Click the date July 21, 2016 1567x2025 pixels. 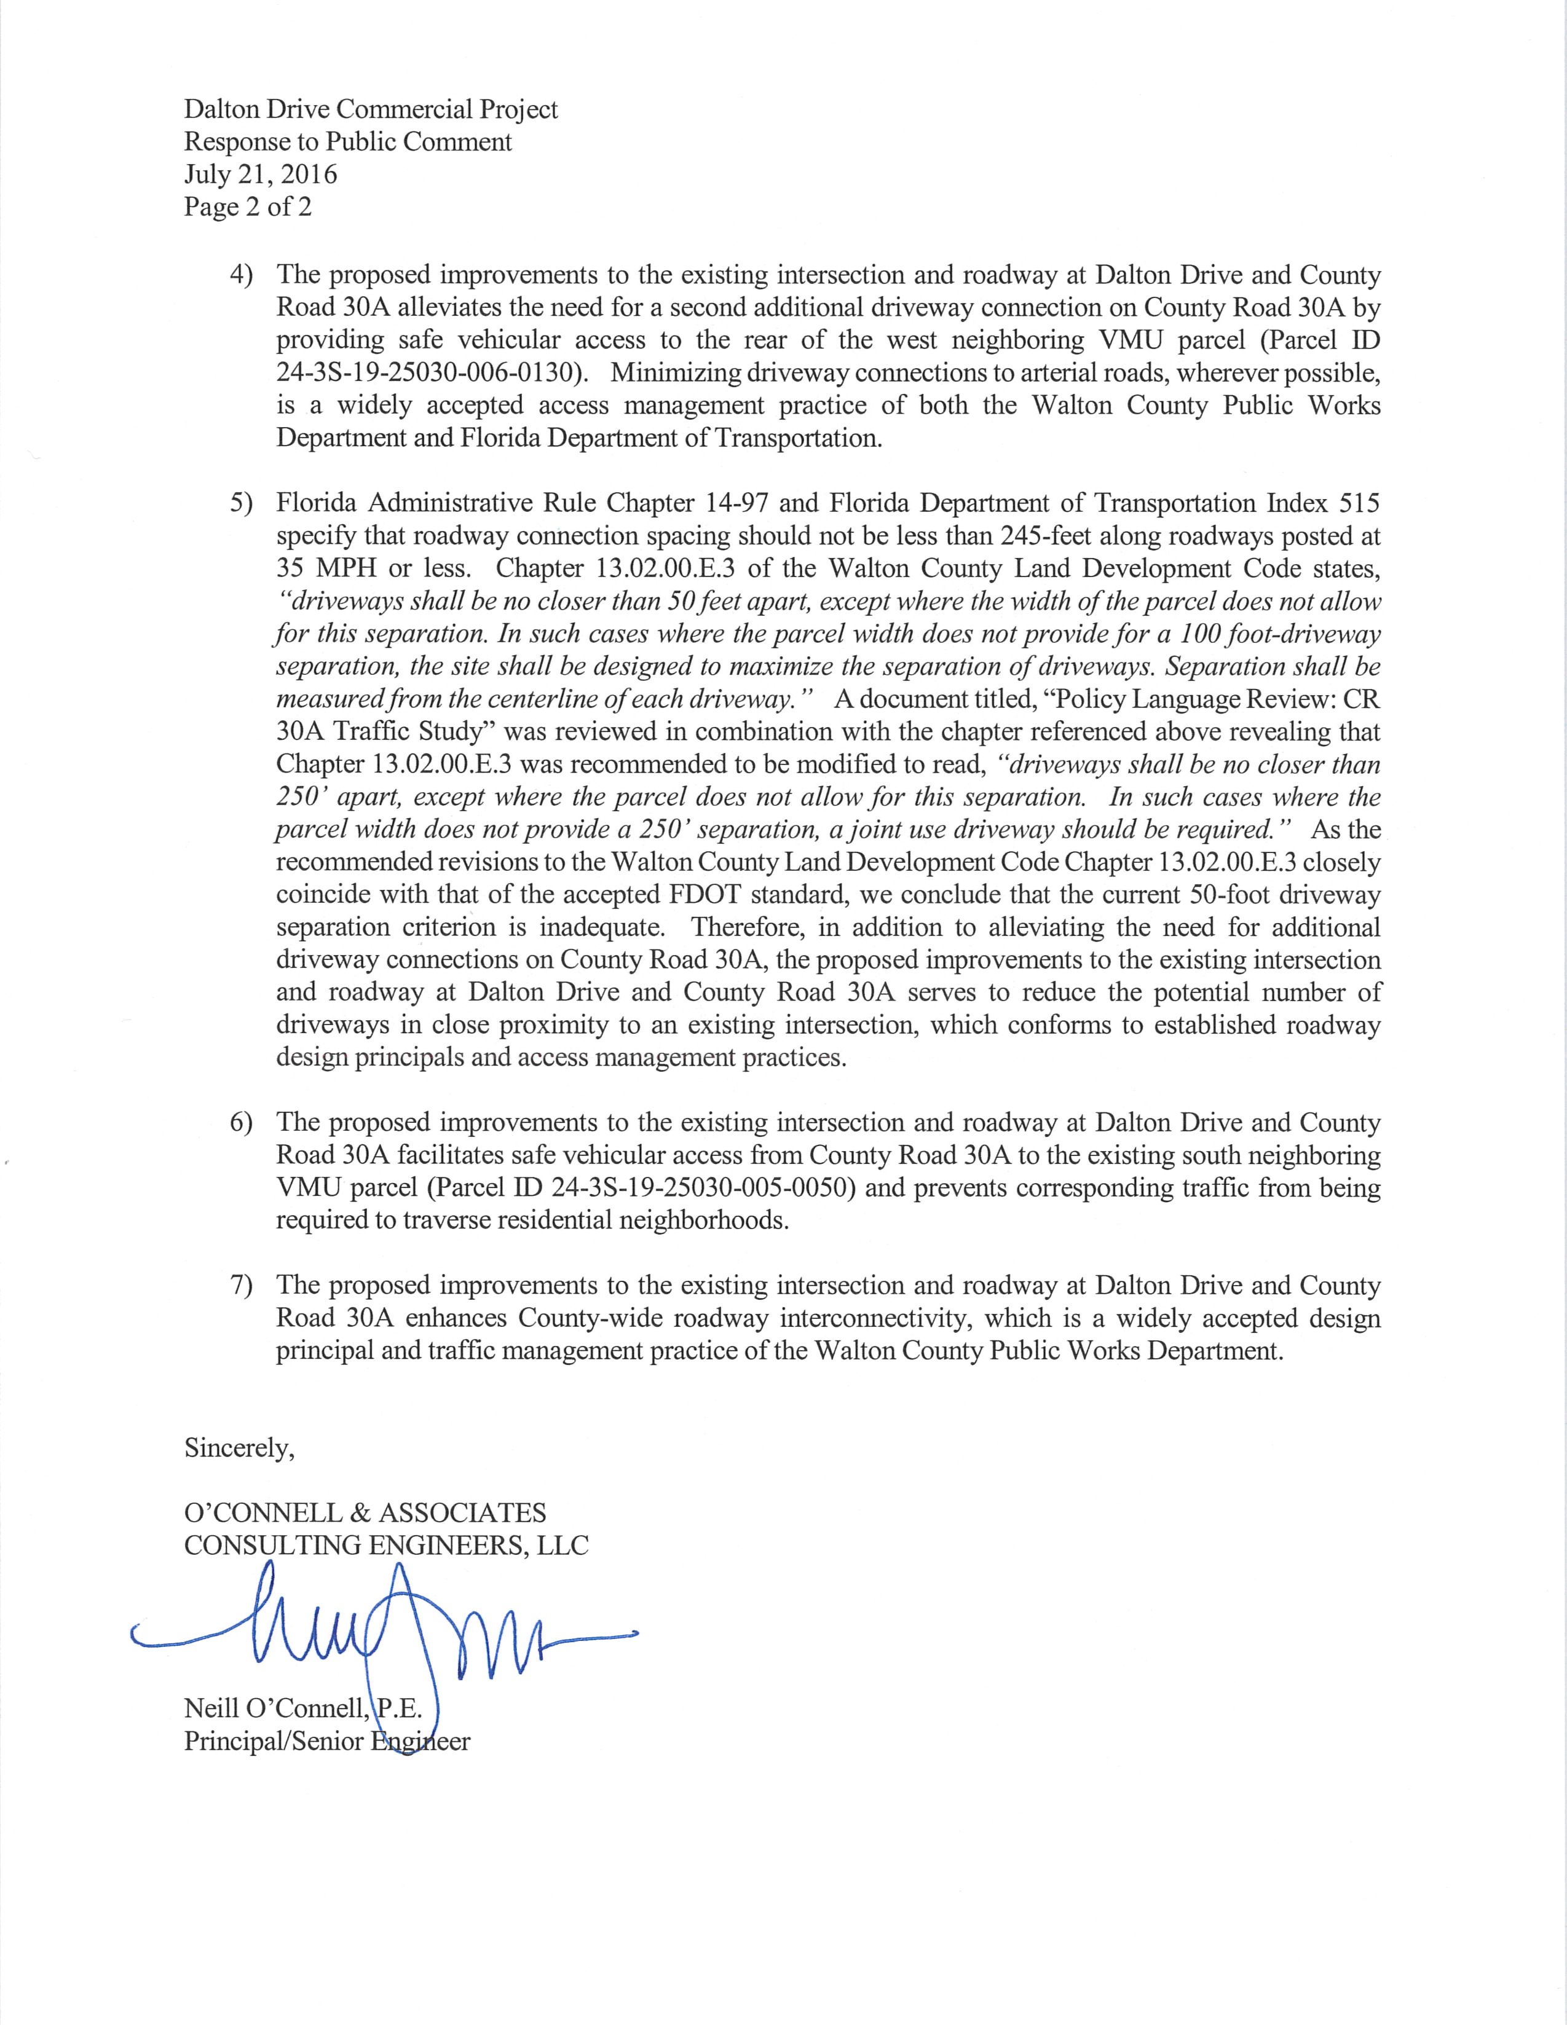[261, 175]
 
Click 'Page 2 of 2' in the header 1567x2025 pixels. [248, 206]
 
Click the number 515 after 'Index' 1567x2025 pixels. [1359, 503]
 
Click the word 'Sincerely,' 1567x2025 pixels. [239, 1449]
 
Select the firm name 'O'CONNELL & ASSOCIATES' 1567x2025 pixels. [365, 1513]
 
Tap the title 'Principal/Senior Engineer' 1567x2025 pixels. [327, 1741]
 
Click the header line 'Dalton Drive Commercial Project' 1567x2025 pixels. [371, 109]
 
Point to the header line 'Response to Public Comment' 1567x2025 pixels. [348, 142]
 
